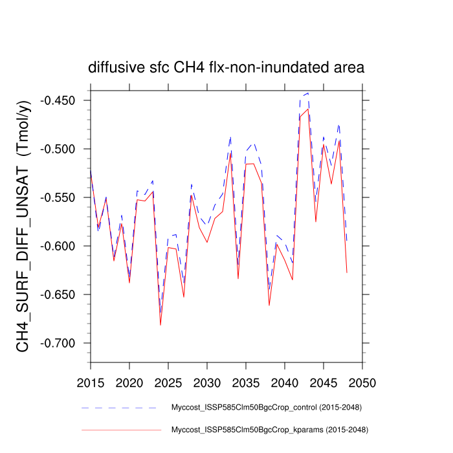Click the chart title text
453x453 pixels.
(x=226, y=67)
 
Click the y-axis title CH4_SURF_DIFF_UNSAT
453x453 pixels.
(x=24, y=226)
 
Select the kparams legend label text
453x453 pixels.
(x=268, y=429)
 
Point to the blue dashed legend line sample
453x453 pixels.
(x=120, y=408)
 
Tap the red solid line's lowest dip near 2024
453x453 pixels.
(x=160, y=324)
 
